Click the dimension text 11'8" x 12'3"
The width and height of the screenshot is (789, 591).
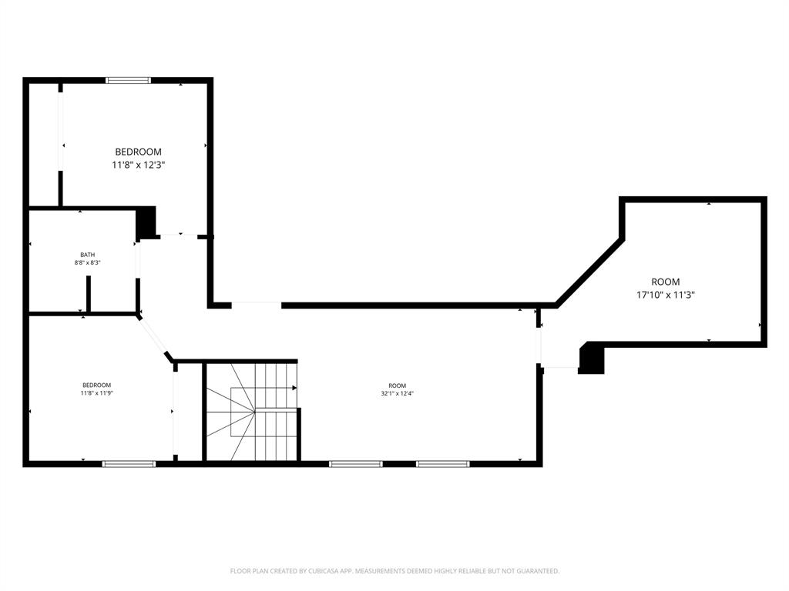139,165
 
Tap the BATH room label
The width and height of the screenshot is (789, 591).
88,255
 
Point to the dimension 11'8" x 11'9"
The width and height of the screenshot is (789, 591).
97,393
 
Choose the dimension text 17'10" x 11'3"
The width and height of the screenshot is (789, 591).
666,294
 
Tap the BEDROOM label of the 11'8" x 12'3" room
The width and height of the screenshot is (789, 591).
139,152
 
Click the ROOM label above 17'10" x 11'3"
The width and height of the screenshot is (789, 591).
666,282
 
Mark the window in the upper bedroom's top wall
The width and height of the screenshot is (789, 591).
128,80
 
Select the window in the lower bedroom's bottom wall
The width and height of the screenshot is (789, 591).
129,464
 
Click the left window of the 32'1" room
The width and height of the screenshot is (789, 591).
355,464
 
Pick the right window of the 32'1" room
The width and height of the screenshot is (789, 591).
442,464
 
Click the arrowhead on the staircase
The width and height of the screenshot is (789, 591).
294,388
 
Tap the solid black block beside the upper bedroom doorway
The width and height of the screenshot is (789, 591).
146,222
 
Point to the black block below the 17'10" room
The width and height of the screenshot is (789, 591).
591,359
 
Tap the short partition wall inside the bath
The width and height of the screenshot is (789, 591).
89,294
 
